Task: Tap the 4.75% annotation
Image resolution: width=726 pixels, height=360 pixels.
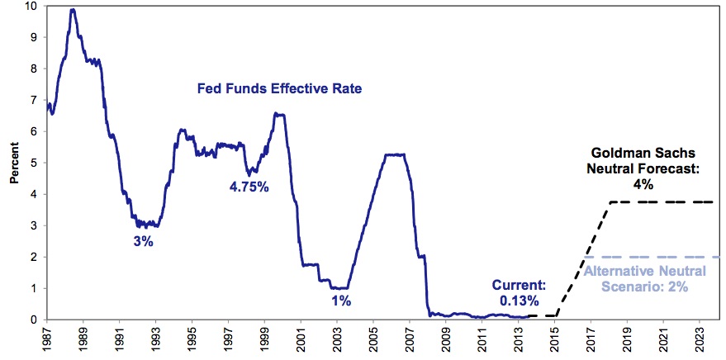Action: pos(249,187)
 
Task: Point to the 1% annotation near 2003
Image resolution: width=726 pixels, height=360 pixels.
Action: pos(340,301)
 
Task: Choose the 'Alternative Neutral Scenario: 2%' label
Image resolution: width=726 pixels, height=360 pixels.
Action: pos(634,278)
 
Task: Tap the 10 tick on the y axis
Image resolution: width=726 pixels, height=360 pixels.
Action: pos(32,7)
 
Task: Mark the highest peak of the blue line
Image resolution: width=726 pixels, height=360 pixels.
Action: pos(73,10)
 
